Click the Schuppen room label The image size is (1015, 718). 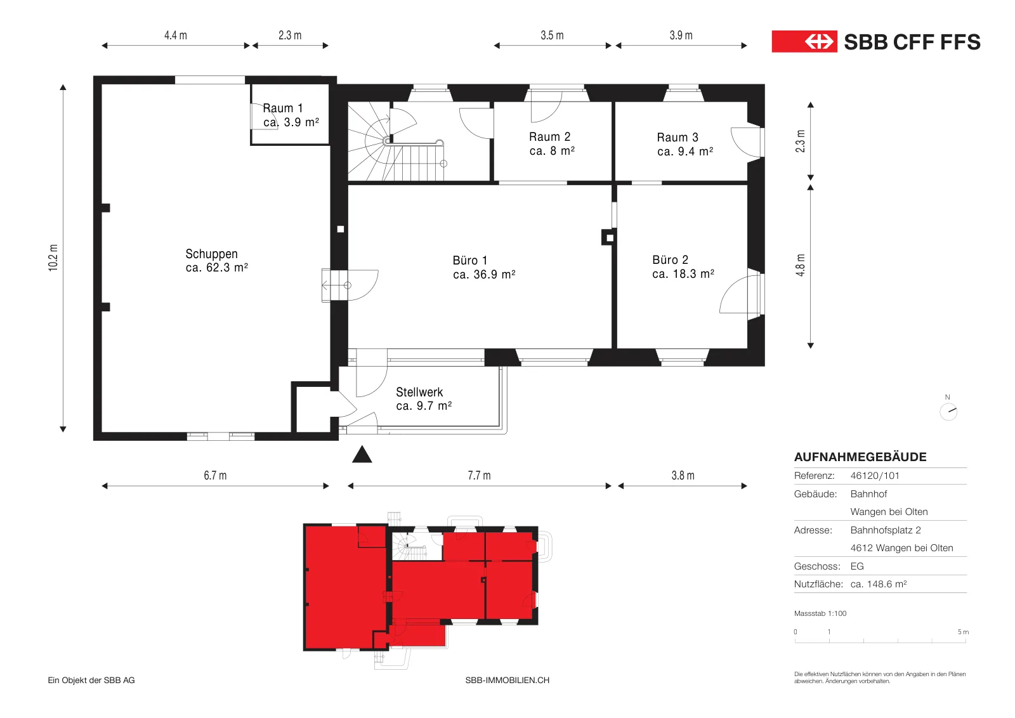[211, 254]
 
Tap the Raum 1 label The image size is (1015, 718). [283, 108]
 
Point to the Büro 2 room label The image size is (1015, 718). [670, 259]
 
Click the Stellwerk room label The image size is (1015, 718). [419, 392]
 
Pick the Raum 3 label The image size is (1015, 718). [678, 137]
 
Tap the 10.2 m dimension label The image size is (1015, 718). [53, 258]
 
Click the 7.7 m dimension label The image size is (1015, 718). [480, 475]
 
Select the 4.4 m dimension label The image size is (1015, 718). [176, 36]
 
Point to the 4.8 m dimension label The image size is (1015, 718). [801, 265]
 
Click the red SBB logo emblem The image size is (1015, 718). [804, 42]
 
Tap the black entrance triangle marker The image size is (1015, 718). [362, 454]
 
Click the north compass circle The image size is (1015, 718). [948, 412]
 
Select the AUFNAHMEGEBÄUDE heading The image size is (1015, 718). [860, 457]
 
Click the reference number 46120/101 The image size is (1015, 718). [875, 476]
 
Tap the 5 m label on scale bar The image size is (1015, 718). [964, 632]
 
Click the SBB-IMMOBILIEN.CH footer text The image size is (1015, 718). [507, 680]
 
